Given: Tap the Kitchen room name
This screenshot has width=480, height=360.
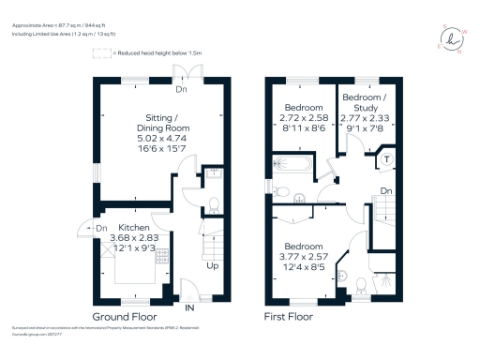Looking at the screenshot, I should tap(131, 227).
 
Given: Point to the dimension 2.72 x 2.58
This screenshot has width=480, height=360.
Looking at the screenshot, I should tap(305, 119).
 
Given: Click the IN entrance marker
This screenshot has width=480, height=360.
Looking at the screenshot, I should tap(190, 307).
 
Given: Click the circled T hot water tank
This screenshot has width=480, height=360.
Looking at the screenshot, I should tap(386, 159).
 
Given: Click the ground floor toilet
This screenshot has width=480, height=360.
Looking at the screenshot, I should tap(213, 204).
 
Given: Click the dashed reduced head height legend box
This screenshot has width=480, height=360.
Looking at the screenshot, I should tap(99, 54).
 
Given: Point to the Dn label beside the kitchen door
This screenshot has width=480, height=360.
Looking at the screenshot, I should tap(101, 228).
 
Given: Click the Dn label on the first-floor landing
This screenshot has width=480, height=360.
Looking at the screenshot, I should tap(385, 190).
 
